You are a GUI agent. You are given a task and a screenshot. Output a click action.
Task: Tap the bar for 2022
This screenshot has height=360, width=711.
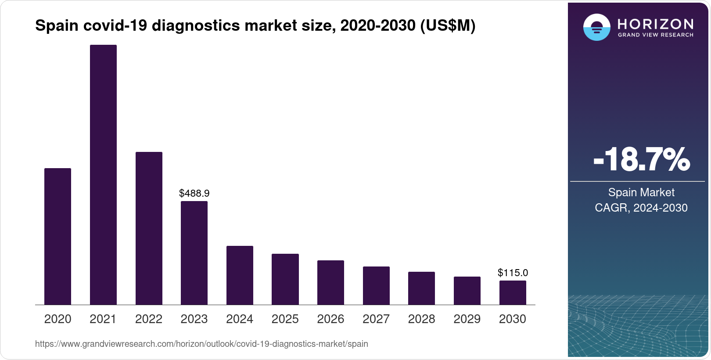(x=149, y=228)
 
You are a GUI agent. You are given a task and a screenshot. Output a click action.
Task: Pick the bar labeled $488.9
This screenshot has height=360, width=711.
(x=194, y=253)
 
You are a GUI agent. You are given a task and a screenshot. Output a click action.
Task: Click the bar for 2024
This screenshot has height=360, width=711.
(x=240, y=275)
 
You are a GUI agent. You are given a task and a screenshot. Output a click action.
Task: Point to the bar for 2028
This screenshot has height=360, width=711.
(x=421, y=288)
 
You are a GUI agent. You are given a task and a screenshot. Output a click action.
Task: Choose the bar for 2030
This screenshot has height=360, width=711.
(x=513, y=292)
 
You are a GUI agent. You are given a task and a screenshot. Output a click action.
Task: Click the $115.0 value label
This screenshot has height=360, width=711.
(x=513, y=273)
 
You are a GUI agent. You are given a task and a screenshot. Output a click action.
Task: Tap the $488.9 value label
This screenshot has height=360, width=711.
(x=194, y=193)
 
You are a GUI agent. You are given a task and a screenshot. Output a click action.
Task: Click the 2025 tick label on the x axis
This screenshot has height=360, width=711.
(x=285, y=319)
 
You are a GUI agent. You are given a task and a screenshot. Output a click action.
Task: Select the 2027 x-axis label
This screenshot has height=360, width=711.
(x=376, y=319)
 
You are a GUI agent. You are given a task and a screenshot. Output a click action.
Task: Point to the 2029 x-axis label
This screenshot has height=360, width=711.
(x=467, y=319)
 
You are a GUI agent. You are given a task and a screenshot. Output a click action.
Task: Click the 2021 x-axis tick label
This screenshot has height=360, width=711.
(x=103, y=319)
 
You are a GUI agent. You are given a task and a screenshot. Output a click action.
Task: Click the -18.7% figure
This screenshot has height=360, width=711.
(x=641, y=160)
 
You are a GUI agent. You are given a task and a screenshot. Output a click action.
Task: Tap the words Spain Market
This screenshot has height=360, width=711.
(x=641, y=192)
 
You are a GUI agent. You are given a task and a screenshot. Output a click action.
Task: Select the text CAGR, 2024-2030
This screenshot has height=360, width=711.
(x=641, y=208)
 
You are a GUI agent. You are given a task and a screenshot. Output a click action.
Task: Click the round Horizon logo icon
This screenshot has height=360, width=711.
(x=596, y=27)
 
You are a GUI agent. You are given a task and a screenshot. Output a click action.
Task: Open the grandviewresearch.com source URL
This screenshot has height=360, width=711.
(x=201, y=344)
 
